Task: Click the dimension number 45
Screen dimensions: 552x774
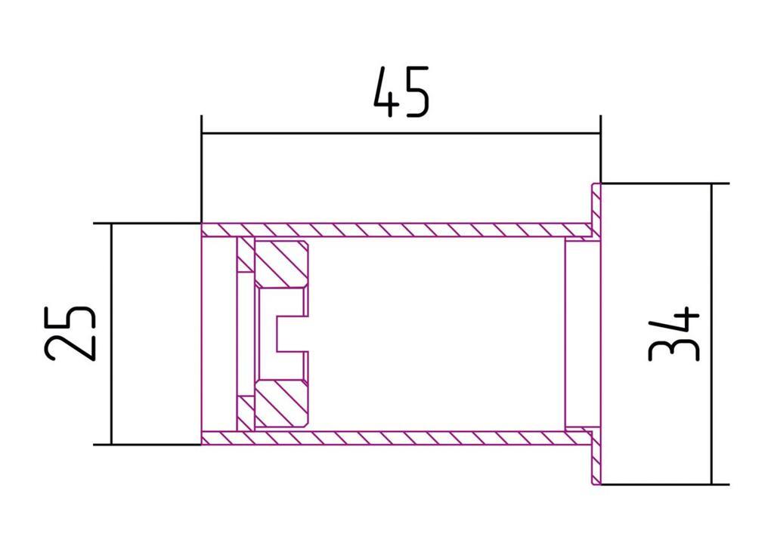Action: (x=401, y=92)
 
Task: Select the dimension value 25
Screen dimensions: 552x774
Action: (x=70, y=333)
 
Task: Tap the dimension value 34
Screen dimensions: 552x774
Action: (x=675, y=333)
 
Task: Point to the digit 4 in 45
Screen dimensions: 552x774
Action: (x=386, y=92)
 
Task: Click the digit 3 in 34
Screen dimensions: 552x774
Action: (x=675, y=348)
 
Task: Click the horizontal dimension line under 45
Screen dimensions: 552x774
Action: (x=401, y=133)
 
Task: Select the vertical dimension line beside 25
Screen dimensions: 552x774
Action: (x=111, y=333)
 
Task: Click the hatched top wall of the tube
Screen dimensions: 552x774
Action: (x=393, y=230)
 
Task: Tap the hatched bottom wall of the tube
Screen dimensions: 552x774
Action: (x=393, y=437)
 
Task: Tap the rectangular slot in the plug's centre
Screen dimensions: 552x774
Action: (x=292, y=333)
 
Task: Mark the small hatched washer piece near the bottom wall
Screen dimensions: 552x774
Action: (x=245, y=412)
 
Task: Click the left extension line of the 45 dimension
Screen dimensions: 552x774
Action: (x=201, y=170)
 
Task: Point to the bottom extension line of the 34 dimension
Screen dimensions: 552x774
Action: (x=665, y=484)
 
